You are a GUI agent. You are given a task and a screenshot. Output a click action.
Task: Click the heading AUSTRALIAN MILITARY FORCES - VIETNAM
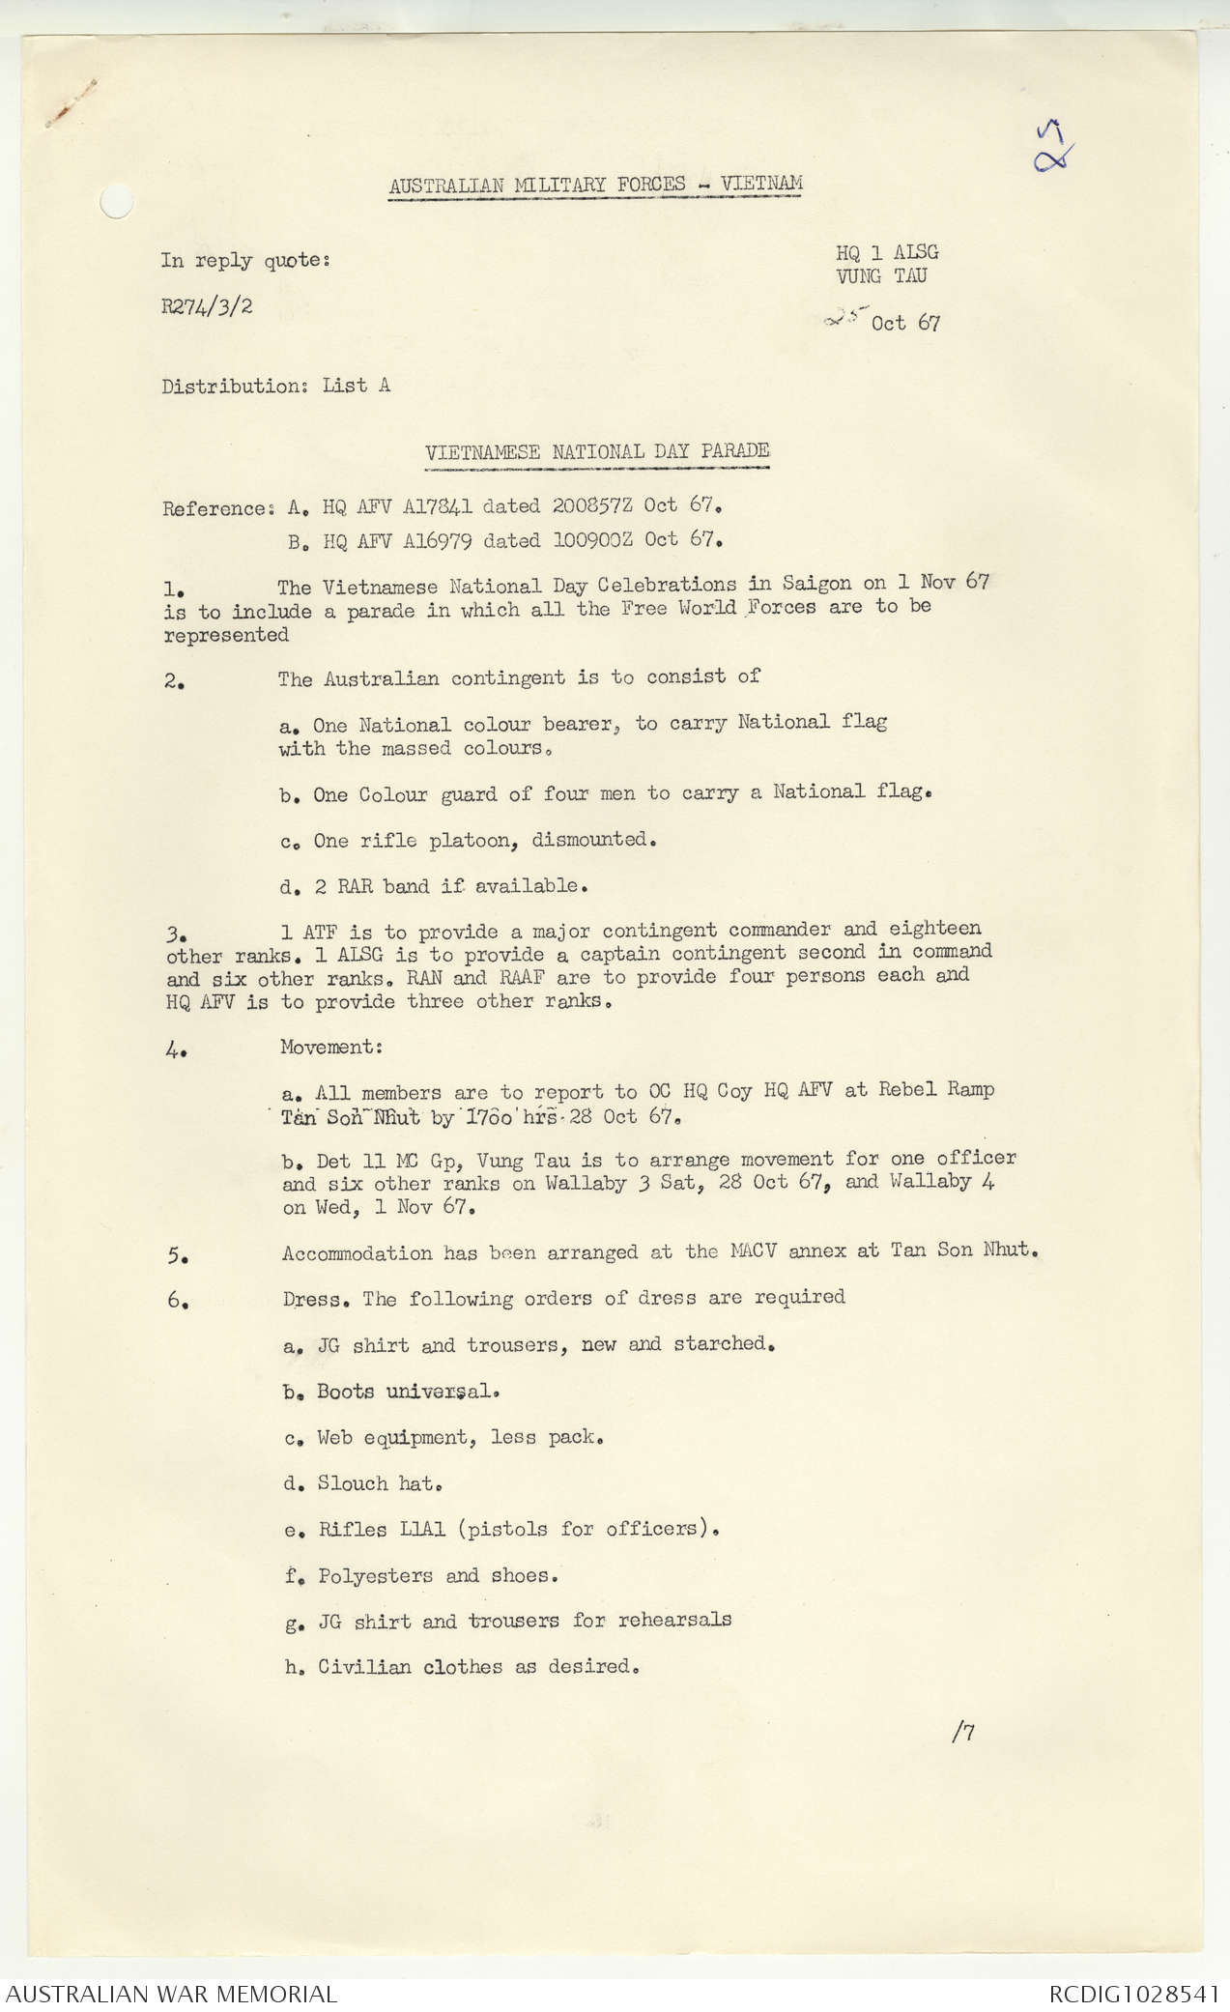[x=595, y=184]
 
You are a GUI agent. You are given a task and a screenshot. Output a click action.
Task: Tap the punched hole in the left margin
[x=115, y=202]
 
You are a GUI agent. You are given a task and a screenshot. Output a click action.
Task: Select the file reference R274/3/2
[x=208, y=307]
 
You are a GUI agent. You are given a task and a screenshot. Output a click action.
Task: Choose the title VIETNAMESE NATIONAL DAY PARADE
[x=597, y=451]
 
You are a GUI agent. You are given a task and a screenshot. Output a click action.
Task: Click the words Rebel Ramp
[x=936, y=1089]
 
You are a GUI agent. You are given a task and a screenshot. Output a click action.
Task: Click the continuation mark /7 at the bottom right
[x=963, y=1732]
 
